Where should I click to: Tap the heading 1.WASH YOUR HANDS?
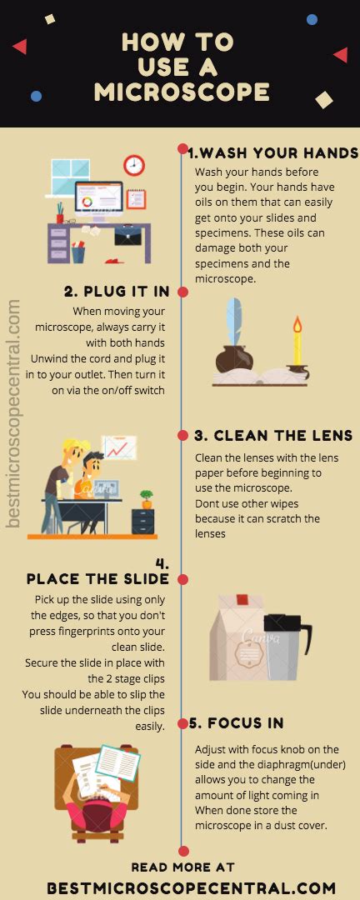pos(272,153)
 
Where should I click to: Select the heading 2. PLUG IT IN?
pos(117,292)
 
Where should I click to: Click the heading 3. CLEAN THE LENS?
pos(273,436)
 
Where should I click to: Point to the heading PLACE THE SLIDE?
pos(97,578)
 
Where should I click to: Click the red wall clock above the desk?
pos(134,166)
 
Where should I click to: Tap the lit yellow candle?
pos(296,342)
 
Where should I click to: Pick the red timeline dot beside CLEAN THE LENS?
pos(182,435)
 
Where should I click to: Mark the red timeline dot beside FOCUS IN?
pos(182,722)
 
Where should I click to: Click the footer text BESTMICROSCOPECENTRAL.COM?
pos(191,888)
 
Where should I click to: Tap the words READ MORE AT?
pos(182,867)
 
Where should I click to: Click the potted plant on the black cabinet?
pos(147,498)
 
